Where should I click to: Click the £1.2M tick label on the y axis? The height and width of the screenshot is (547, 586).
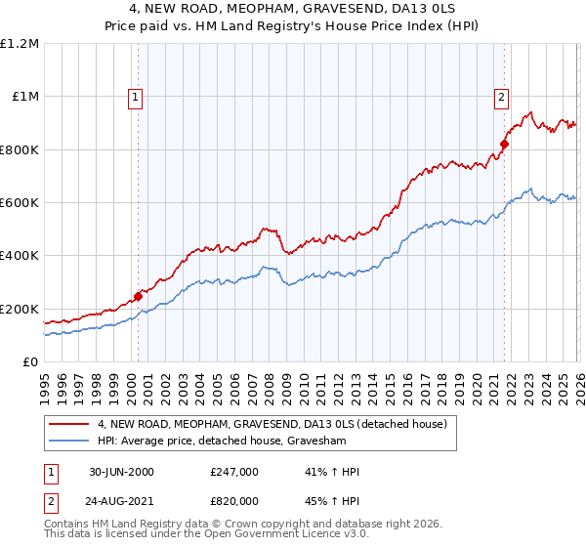click(x=20, y=44)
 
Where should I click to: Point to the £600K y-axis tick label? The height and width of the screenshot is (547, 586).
click(x=20, y=203)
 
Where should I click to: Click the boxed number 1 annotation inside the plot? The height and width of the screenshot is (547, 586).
click(x=134, y=97)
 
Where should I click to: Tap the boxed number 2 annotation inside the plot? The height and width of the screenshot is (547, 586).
click(x=501, y=97)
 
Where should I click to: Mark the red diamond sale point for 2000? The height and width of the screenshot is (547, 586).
click(x=138, y=296)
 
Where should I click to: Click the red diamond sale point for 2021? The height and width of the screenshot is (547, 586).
click(x=505, y=145)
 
